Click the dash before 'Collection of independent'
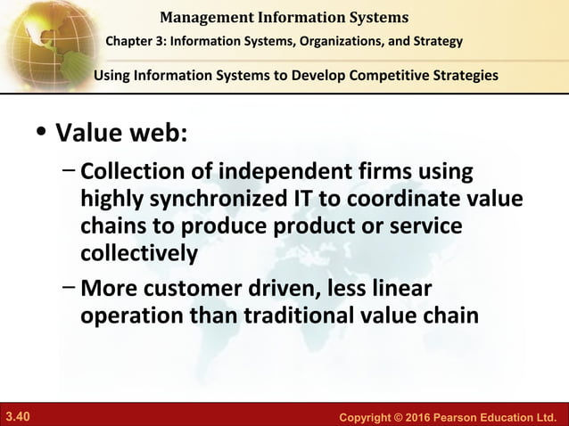pos(69,168)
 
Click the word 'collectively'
pos(138,253)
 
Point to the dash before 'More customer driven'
pos(69,287)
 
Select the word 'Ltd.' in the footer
pos(545,417)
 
